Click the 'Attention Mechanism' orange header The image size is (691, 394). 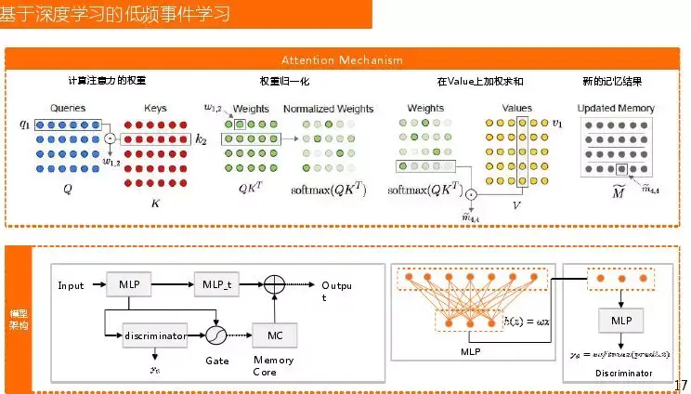pyautogui.click(x=342, y=60)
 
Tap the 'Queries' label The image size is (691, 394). pyautogui.click(x=68, y=108)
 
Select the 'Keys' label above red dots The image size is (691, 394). pyautogui.click(x=155, y=108)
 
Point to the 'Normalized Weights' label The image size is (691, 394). pyautogui.click(x=328, y=108)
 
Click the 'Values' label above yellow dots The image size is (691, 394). pyautogui.click(x=516, y=108)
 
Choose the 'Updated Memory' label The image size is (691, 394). pyautogui.click(x=616, y=108)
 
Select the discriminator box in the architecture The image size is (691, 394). pyautogui.click(x=154, y=333)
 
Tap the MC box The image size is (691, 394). pyautogui.click(x=274, y=333)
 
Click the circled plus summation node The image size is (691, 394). pyautogui.click(x=274, y=282)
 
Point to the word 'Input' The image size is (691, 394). pyautogui.click(x=72, y=283)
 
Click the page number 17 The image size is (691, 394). pyautogui.click(x=679, y=385)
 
